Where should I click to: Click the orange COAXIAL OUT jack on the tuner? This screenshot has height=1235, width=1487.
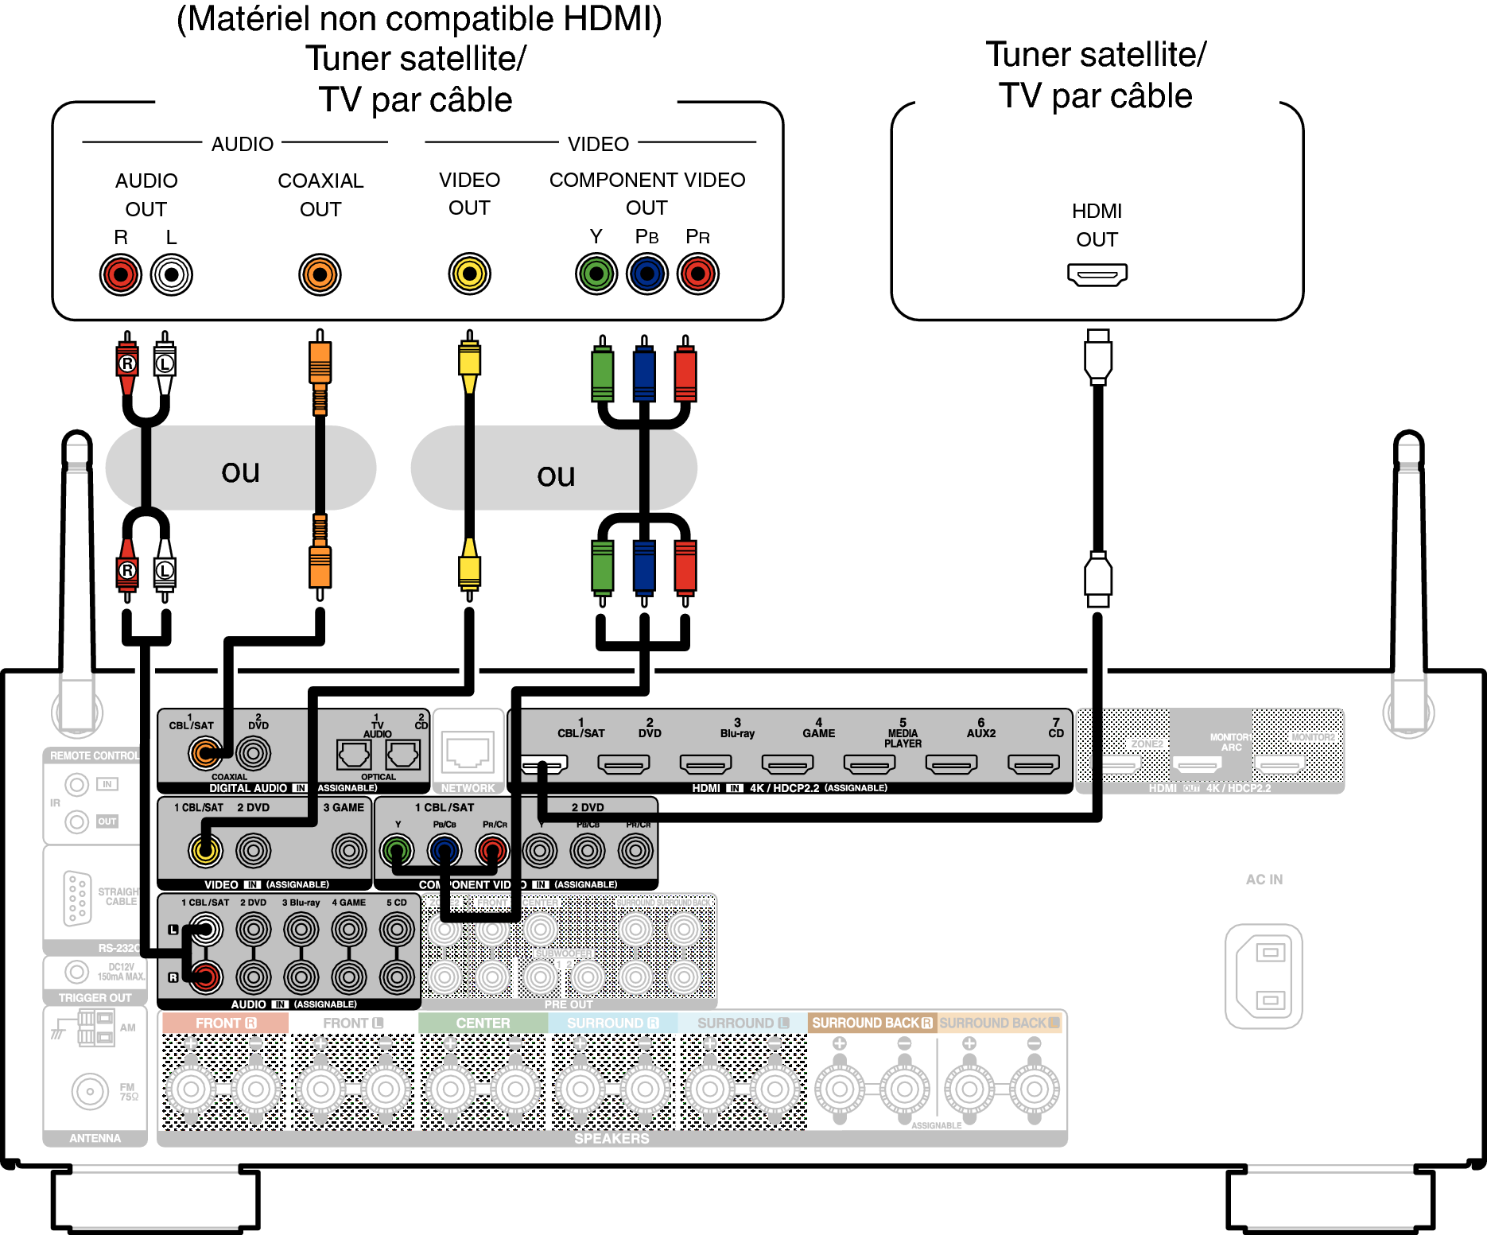click(x=320, y=275)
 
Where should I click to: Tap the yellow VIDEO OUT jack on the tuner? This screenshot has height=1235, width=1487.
click(x=469, y=274)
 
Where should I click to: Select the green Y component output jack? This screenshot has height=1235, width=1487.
click(x=596, y=274)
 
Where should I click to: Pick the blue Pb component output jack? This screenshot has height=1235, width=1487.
click(x=647, y=274)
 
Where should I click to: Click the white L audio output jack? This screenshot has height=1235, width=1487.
click(x=172, y=275)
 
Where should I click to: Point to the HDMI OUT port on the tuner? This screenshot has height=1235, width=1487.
click(x=1097, y=275)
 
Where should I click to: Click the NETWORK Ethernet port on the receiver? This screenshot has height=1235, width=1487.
click(x=468, y=752)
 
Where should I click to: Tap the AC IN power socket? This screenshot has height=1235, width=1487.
click(x=1264, y=976)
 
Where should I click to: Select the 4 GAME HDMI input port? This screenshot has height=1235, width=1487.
click(x=787, y=764)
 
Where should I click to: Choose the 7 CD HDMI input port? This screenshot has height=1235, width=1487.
click(x=1033, y=764)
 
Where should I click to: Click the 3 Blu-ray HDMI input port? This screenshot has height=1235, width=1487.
click(x=705, y=764)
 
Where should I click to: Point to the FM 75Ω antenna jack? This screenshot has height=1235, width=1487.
click(x=90, y=1092)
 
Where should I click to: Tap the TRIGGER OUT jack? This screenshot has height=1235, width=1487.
click(x=76, y=972)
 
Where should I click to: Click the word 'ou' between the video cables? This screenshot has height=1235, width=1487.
click(x=555, y=476)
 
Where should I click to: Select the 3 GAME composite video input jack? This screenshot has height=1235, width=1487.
click(x=349, y=851)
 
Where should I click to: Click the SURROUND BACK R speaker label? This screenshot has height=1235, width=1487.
click(x=872, y=1023)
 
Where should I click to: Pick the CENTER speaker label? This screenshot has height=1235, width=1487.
click(x=483, y=1023)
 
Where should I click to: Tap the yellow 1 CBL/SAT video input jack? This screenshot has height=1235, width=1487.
click(x=205, y=851)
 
